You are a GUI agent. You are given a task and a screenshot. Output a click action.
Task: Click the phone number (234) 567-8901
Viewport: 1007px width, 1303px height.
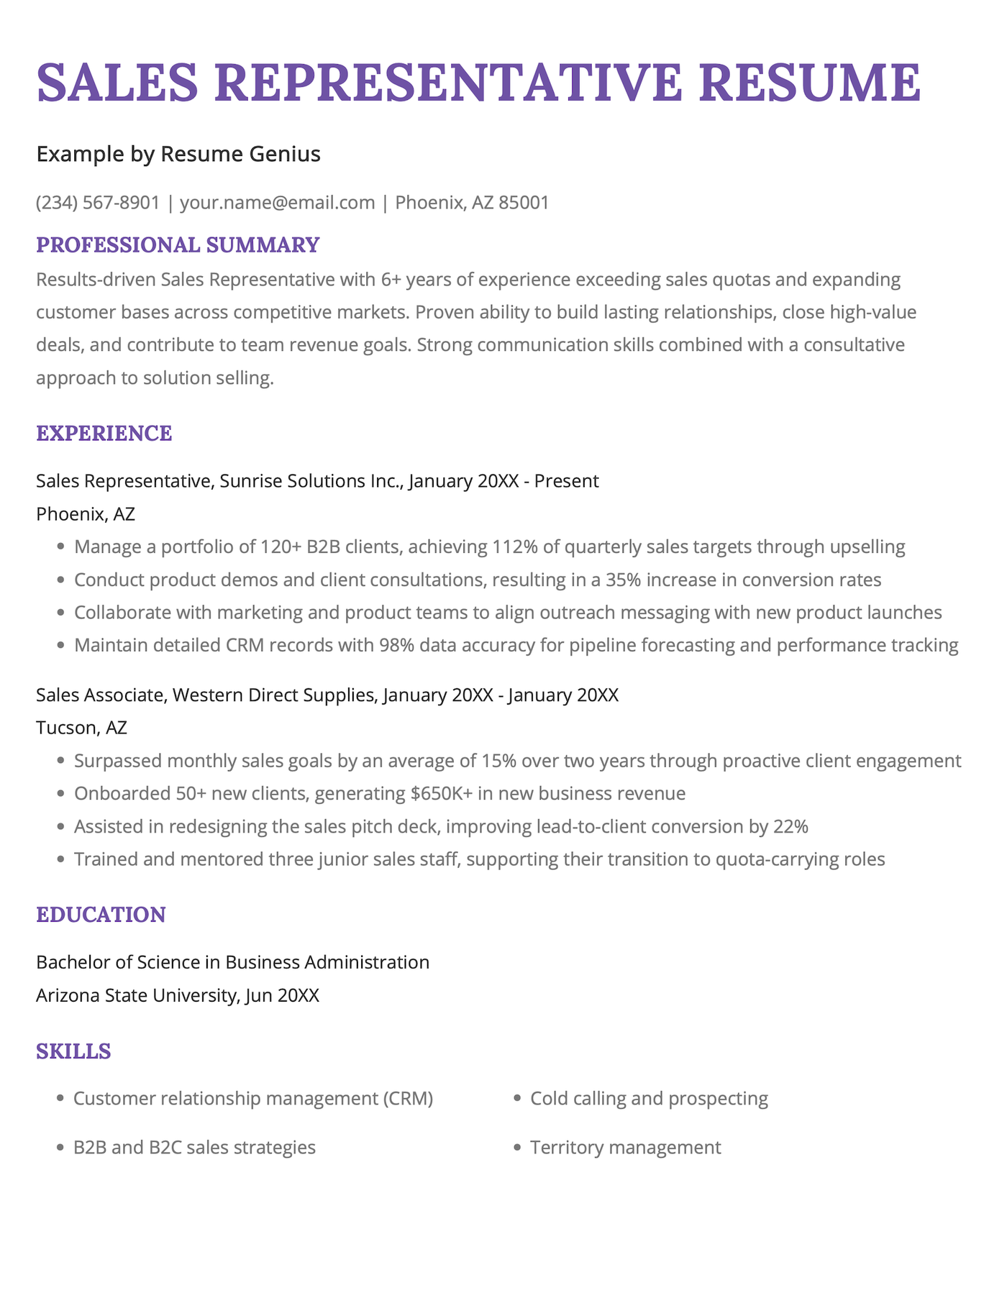click(x=98, y=202)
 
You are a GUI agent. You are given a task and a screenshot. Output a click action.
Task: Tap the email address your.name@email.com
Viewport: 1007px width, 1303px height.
click(x=278, y=202)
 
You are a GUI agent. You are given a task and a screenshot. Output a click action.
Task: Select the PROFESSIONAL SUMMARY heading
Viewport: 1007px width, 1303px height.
click(x=178, y=244)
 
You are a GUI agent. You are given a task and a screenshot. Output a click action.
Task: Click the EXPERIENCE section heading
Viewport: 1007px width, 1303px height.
click(x=104, y=433)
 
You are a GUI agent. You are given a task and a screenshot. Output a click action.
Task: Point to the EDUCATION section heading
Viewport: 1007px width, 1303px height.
click(x=101, y=915)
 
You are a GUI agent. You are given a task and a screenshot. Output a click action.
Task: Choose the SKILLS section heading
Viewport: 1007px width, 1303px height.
click(x=73, y=1051)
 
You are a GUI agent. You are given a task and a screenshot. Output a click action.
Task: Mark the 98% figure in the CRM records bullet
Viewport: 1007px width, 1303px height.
click(x=396, y=645)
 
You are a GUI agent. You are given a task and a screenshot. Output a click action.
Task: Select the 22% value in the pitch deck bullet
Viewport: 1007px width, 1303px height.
click(x=790, y=826)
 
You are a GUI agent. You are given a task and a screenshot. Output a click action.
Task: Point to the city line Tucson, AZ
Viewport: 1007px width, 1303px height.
click(x=81, y=728)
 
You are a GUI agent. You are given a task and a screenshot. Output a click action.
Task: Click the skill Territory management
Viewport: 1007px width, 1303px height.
click(x=625, y=1147)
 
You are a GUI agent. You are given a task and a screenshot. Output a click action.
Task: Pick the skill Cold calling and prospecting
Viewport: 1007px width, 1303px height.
click(x=649, y=1098)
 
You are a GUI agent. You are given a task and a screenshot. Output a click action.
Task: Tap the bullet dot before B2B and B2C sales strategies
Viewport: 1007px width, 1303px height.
click(x=60, y=1148)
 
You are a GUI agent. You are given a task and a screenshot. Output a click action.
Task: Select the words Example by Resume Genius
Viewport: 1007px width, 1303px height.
click(x=178, y=154)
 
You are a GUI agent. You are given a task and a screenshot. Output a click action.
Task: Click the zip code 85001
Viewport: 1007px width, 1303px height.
click(x=524, y=202)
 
